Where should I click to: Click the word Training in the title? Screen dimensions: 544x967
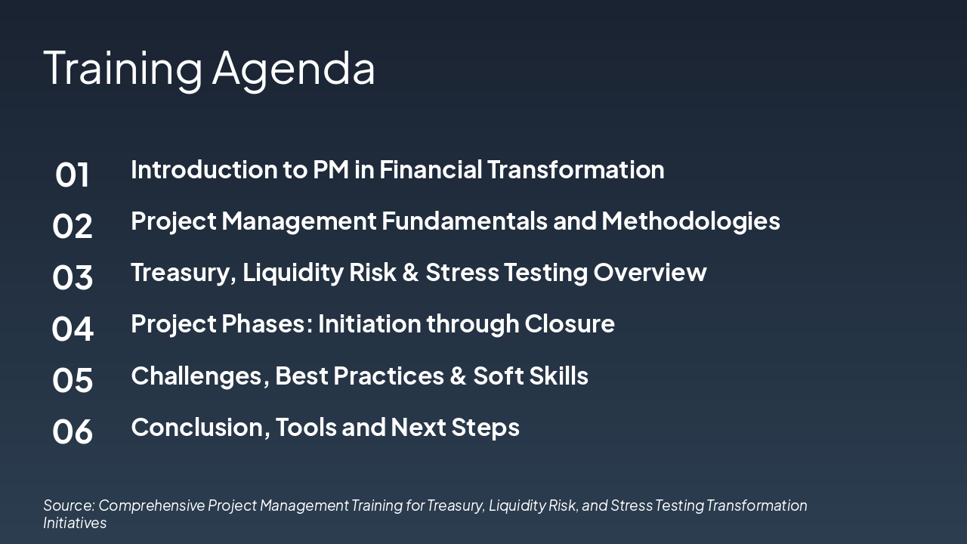(122, 68)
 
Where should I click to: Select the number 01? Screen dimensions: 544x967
(73, 175)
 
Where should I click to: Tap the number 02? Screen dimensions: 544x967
(73, 226)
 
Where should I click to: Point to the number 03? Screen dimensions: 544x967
(73, 277)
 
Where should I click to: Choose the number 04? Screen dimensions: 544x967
(73, 329)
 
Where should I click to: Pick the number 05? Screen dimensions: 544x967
(73, 380)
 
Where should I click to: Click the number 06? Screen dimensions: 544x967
(73, 431)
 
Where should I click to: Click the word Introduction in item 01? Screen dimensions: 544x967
(204, 169)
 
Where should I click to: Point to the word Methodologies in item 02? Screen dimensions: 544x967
(690, 221)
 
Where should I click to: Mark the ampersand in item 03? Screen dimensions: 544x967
(410, 272)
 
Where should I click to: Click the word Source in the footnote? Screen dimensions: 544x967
(68, 505)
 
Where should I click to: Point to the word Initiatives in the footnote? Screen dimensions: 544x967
(75, 523)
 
